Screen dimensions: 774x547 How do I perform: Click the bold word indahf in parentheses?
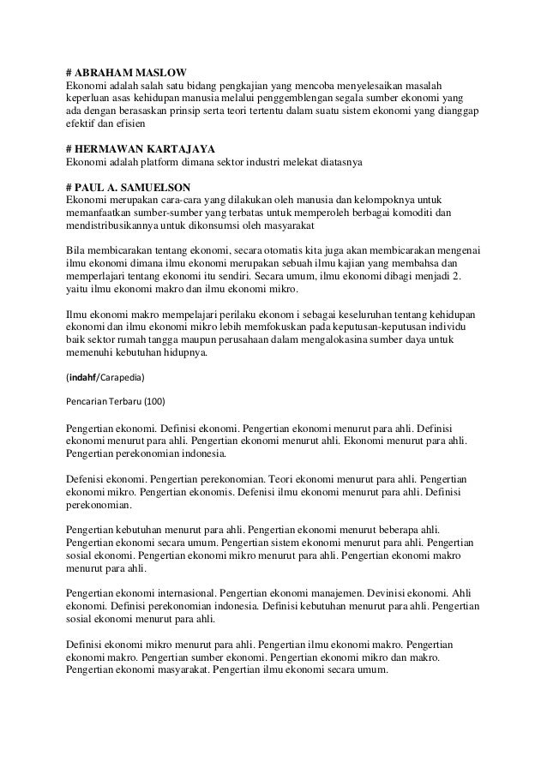point(82,375)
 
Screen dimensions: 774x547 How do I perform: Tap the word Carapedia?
point(123,375)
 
